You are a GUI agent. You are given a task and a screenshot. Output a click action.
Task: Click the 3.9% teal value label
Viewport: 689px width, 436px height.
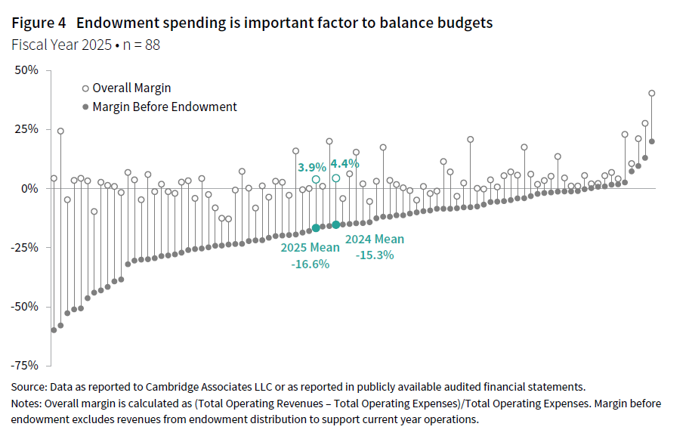[311, 166]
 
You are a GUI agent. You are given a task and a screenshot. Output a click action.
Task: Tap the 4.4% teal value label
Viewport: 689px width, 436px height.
[344, 162]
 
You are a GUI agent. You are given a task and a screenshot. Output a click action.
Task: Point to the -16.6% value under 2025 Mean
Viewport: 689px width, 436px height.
[310, 264]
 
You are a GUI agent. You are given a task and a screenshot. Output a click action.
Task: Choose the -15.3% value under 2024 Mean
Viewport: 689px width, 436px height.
[375, 255]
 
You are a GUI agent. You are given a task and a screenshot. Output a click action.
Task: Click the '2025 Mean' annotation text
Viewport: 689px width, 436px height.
[310, 248]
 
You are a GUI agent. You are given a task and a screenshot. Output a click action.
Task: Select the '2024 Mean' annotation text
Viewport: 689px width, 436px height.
[375, 240]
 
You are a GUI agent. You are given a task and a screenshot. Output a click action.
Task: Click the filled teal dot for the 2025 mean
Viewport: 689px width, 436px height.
[316, 227]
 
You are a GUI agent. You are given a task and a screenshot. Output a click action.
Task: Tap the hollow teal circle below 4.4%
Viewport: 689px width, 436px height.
[335, 178]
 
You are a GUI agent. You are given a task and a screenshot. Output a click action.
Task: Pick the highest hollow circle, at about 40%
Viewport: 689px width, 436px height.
[652, 94]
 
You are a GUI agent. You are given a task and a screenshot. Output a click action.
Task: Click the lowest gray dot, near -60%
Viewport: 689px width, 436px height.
[54, 330]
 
